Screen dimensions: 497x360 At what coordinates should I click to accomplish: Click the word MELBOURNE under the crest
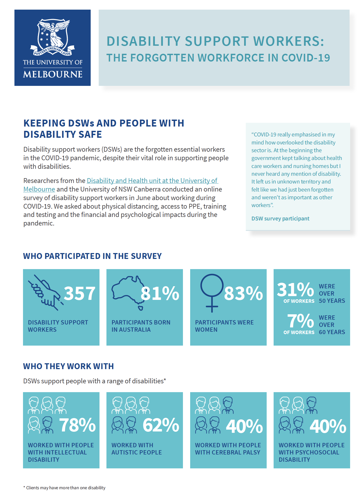(x=53, y=74)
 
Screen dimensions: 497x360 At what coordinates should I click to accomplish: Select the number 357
(x=79, y=293)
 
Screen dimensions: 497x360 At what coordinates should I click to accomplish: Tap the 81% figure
(x=160, y=293)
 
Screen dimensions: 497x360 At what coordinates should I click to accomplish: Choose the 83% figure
(x=243, y=293)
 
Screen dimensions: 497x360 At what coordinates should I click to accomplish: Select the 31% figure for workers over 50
(x=295, y=289)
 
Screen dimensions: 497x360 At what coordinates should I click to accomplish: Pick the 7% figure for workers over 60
(x=300, y=321)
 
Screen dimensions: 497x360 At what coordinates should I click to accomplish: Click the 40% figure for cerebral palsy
(x=244, y=426)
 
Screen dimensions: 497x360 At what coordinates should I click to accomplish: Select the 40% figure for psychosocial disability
(x=328, y=426)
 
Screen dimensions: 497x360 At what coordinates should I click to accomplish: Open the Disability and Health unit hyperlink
(x=152, y=181)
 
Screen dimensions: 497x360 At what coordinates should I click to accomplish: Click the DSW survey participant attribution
(x=280, y=219)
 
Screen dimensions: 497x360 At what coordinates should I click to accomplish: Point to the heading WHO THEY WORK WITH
(x=68, y=366)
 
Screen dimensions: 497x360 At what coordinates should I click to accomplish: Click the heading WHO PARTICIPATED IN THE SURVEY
(x=92, y=256)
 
